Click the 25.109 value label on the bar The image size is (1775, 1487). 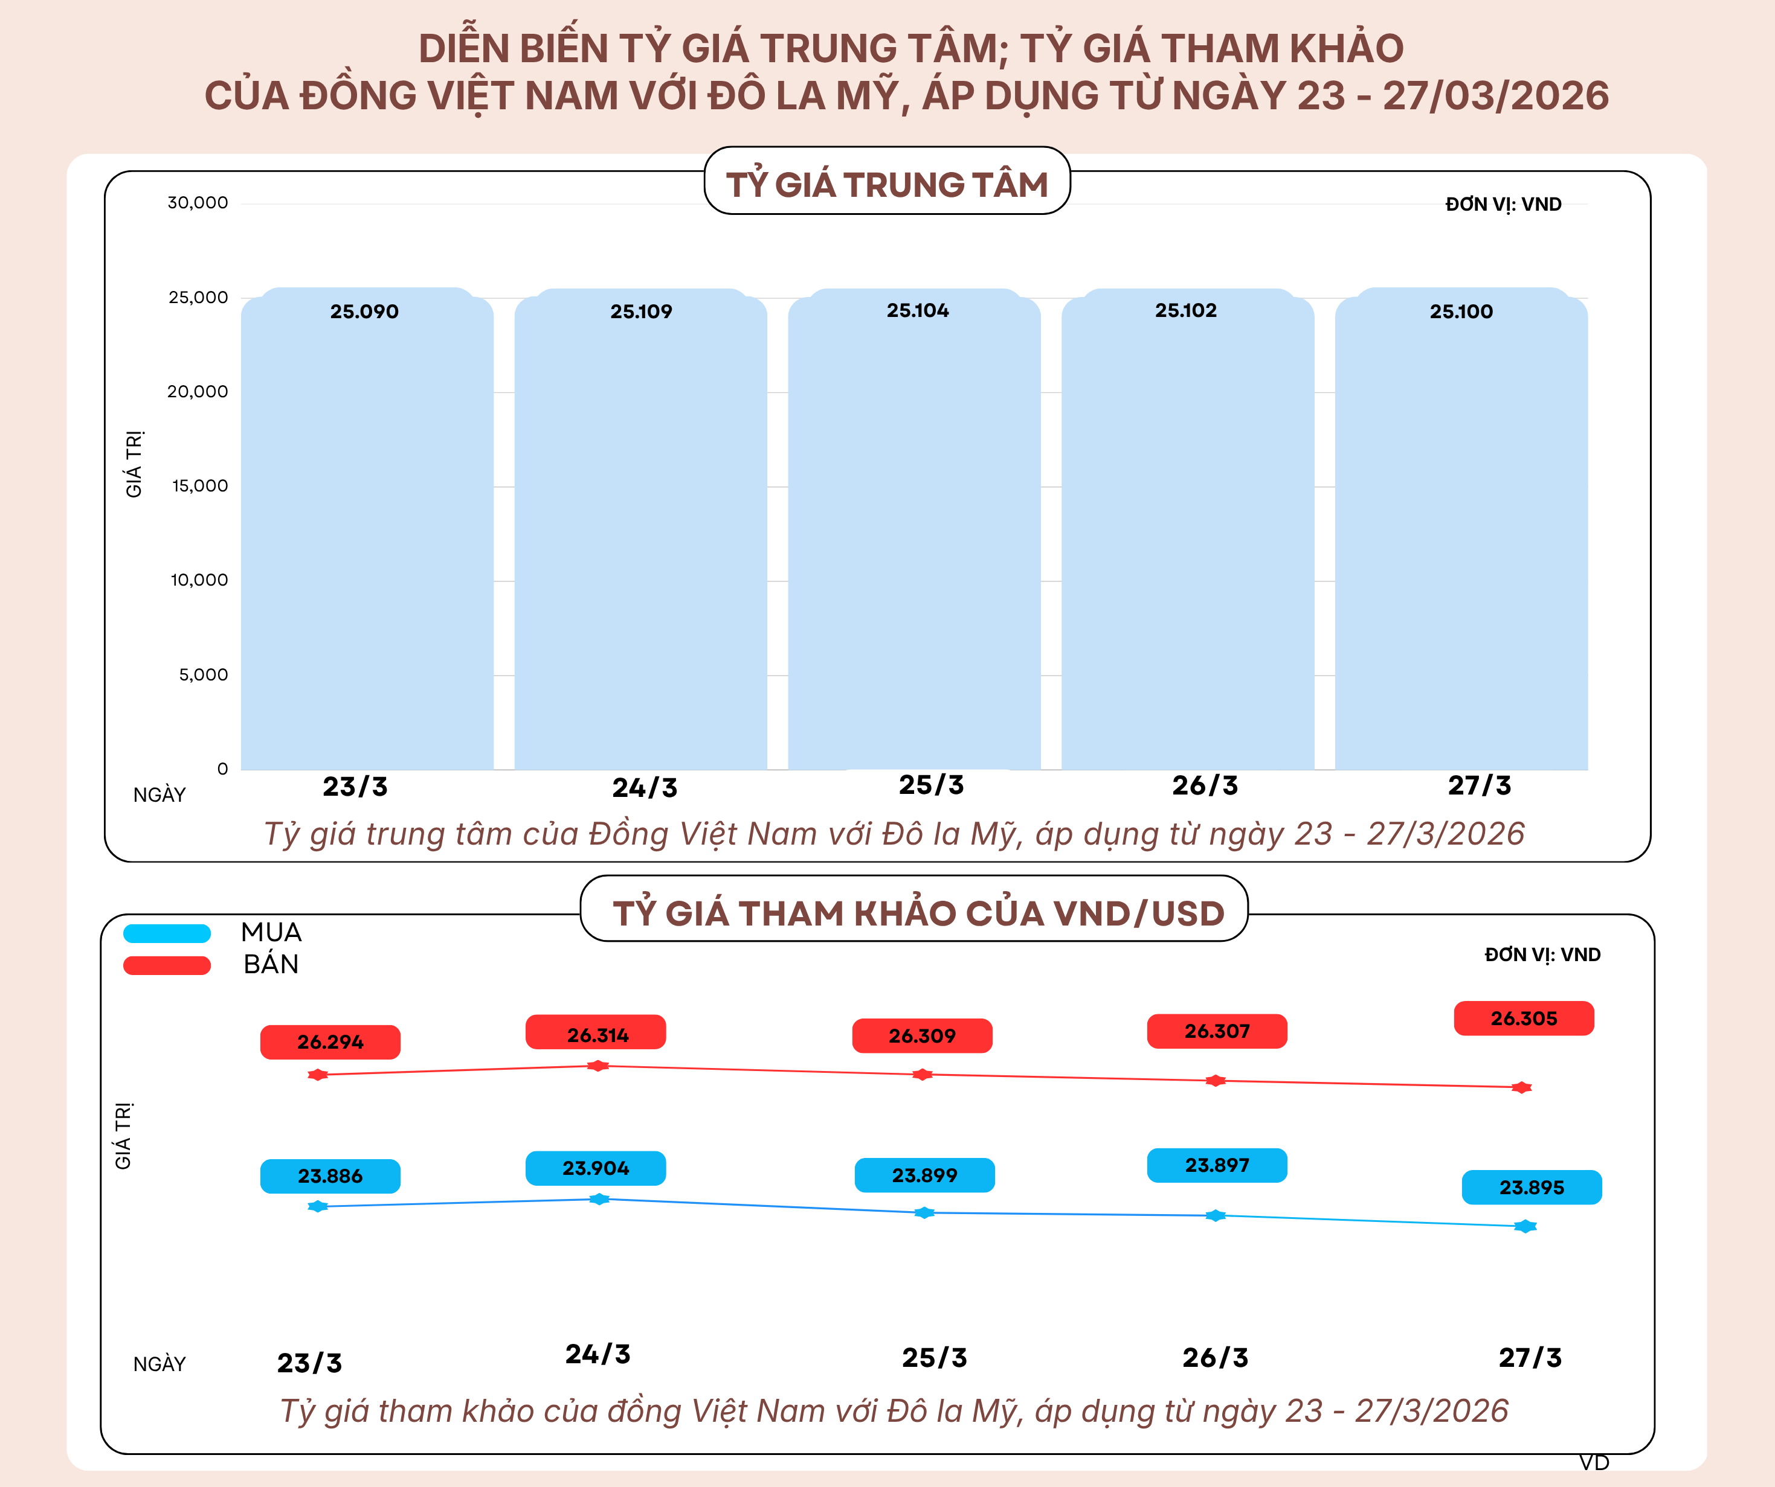coord(640,312)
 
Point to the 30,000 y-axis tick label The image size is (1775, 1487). coord(197,203)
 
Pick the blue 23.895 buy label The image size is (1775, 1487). coord(1532,1187)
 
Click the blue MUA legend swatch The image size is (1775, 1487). coord(167,933)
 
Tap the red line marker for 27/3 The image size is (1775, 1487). coord(1521,1087)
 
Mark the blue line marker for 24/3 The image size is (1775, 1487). coord(599,1199)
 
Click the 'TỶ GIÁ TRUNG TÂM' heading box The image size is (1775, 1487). coord(887,182)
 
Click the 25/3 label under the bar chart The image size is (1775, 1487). coord(930,785)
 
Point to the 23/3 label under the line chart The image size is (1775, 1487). coord(309,1363)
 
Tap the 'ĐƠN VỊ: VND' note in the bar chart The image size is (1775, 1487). coord(1503,205)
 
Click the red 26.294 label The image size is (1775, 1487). coord(330,1041)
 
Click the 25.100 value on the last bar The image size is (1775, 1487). coord(1461,312)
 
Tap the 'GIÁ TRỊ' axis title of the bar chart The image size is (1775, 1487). coord(134,464)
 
